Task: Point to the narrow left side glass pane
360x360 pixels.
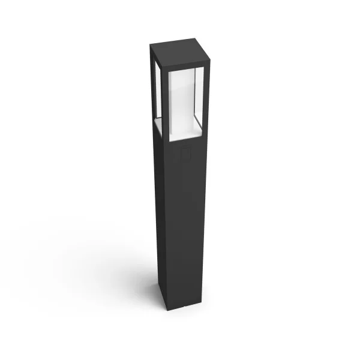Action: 154,90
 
